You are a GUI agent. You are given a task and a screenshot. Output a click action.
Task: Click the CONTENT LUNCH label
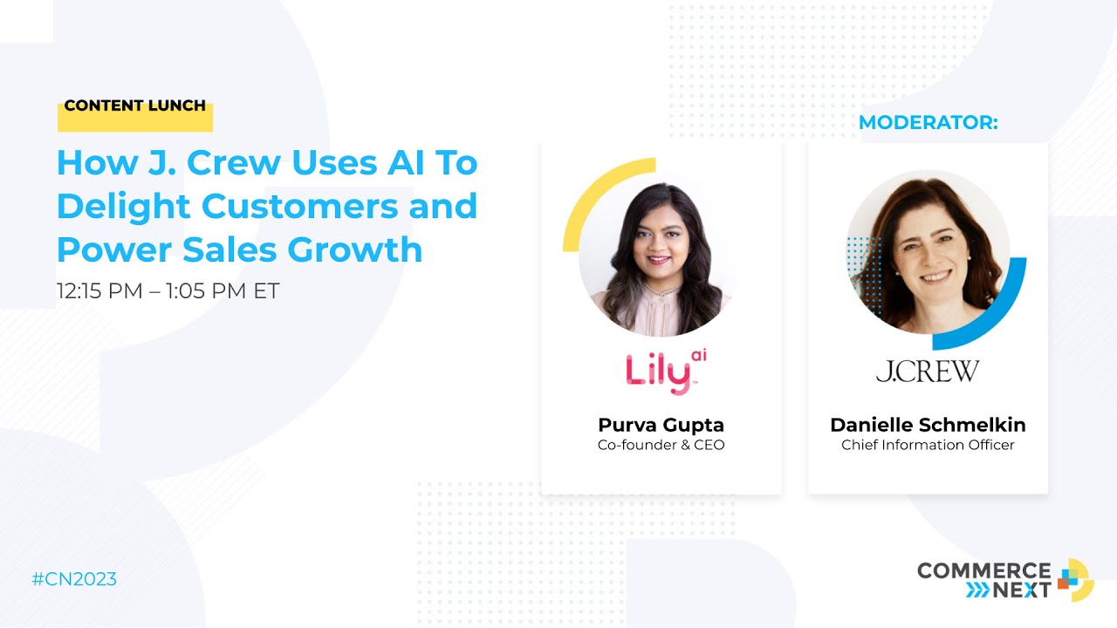tap(135, 106)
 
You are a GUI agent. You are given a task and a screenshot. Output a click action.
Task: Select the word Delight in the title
tap(123, 206)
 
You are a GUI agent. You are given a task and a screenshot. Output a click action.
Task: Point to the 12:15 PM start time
tap(99, 290)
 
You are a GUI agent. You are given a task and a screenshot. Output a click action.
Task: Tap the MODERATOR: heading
tap(928, 123)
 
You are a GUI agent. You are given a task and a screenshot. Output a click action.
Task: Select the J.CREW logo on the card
tap(928, 372)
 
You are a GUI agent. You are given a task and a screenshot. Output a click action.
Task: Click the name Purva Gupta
tap(661, 425)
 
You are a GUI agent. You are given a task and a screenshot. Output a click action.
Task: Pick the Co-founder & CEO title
tap(661, 445)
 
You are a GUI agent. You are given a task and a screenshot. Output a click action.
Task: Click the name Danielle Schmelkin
tap(928, 425)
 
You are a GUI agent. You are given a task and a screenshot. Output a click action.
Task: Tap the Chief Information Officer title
tap(928, 445)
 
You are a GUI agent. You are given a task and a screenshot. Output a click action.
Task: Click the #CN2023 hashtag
tap(74, 579)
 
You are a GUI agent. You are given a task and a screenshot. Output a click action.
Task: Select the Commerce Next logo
tap(1004, 579)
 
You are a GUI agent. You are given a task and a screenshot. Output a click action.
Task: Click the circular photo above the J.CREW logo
tap(928, 252)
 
